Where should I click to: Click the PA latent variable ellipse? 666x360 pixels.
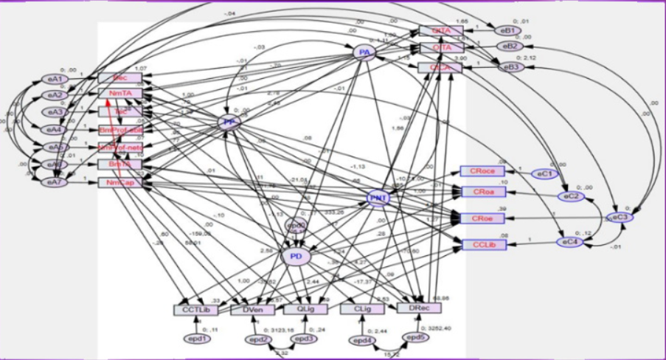(362, 52)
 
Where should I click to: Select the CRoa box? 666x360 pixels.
(484, 193)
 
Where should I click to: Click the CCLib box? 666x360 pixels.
(484, 244)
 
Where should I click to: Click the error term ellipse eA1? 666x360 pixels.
(55, 79)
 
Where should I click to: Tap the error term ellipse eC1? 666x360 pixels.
(544, 174)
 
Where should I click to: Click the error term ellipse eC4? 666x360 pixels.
(566, 240)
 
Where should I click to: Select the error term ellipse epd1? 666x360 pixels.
(197, 338)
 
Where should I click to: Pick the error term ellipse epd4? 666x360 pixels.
(361, 340)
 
